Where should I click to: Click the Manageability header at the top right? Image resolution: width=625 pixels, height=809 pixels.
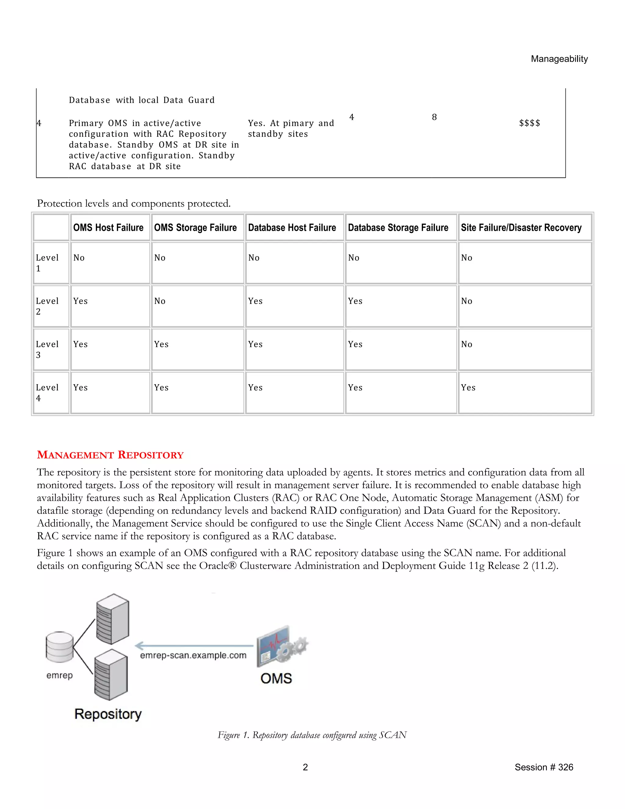point(559,59)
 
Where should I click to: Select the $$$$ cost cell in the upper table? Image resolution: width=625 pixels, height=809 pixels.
point(529,123)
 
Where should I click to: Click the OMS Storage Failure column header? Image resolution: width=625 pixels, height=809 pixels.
point(195,227)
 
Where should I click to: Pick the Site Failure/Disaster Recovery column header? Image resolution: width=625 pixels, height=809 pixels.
point(521,227)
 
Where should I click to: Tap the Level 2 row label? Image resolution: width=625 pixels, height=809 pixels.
point(47,306)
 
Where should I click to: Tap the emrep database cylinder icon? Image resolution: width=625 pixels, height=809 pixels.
point(60,647)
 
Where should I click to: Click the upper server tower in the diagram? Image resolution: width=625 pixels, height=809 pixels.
point(113,619)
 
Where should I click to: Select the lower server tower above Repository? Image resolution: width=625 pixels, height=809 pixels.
point(111,675)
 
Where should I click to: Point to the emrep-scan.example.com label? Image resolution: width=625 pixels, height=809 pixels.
point(193,655)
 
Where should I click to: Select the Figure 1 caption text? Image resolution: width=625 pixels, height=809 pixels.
point(312,735)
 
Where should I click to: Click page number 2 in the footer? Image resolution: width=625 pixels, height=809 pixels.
point(305,767)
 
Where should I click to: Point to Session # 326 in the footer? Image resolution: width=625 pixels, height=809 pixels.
point(543,767)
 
